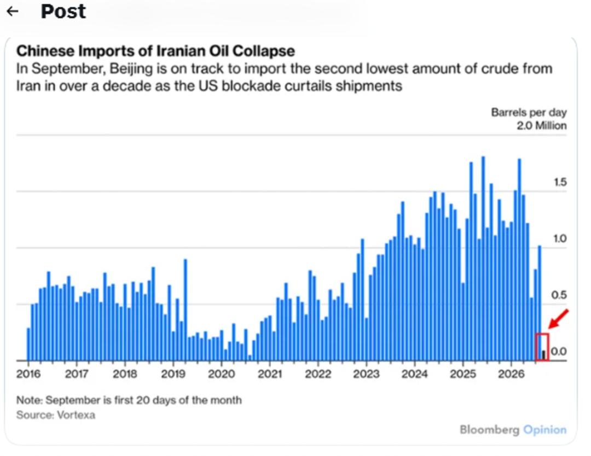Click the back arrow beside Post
click(13, 11)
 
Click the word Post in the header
click(63, 11)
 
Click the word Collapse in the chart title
click(263, 51)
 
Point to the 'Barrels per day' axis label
click(529, 112)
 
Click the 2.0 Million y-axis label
click(542, 125)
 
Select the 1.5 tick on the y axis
click(560, 182)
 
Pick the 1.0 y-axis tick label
click(560, 239)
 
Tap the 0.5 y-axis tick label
click(559, 295)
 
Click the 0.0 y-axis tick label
click(559, 352)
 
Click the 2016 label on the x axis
click(28, 374)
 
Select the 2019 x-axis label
click(173, 374)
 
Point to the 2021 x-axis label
click(270, 374)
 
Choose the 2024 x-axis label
click(414, 374)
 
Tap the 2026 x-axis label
click(511, 374)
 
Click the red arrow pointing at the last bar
click(559, 319)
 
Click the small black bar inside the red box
click(543, 355)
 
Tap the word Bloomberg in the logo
click(489, 430)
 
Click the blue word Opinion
click(545, 430)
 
